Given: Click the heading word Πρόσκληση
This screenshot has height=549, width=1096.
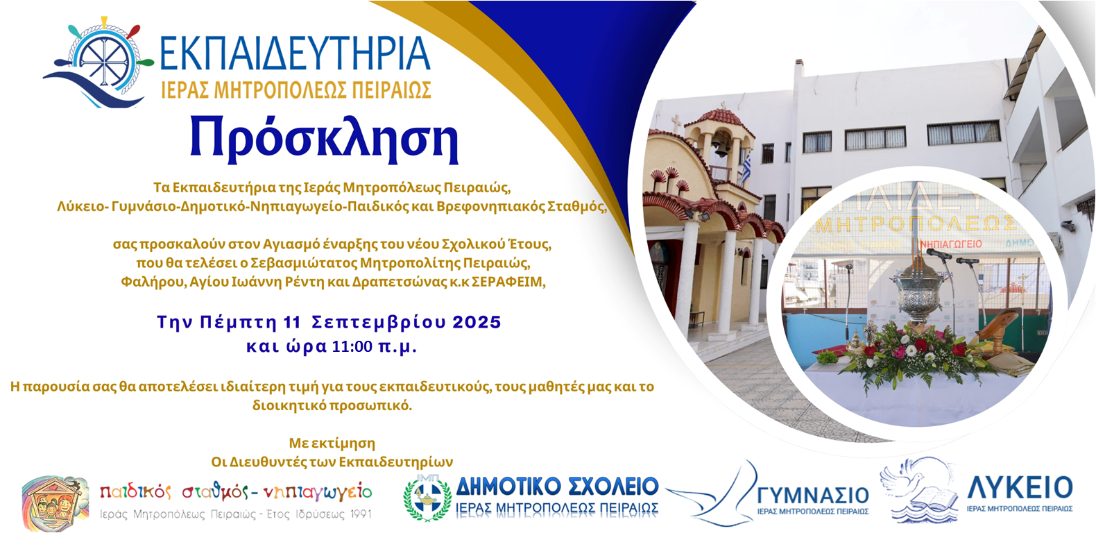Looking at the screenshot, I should pos(324,139).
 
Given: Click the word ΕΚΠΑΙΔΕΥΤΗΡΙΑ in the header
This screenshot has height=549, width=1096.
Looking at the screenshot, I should pos(295,55).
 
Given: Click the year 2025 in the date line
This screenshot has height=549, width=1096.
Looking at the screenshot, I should pos(477,323).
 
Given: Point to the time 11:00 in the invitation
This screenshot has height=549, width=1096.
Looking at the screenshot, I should pos(352,347).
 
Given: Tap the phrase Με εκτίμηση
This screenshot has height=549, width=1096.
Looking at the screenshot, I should pos(332,444).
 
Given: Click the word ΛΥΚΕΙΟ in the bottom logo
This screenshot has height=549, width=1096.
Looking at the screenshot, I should pos(1020,488).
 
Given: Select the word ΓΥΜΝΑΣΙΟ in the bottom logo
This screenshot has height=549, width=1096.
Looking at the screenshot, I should pos(812,495).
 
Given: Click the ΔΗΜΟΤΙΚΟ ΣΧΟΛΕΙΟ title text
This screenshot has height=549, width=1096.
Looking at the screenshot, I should pos(557,487).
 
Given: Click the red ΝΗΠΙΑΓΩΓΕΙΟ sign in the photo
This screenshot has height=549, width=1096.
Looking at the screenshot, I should pos(951,244).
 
